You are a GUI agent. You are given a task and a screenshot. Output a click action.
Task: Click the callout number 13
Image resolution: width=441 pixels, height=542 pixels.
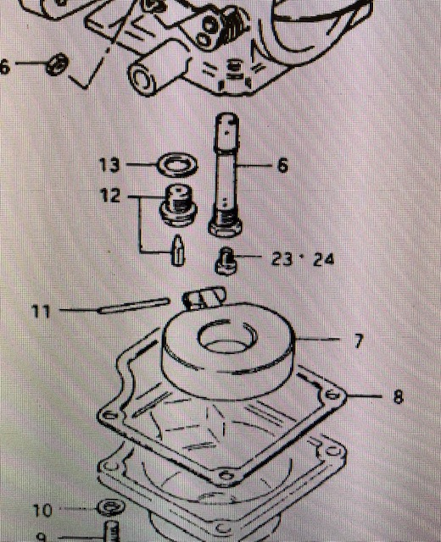(109, 164)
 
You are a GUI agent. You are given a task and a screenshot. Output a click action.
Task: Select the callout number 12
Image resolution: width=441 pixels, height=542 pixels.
(110, 196)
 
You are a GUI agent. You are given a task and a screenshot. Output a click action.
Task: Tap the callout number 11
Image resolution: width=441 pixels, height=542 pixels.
(41, 311)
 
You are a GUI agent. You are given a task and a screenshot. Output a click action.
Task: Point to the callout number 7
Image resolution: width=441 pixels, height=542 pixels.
(358, 340)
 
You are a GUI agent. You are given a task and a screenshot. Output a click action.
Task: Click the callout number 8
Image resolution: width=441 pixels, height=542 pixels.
(399, 396)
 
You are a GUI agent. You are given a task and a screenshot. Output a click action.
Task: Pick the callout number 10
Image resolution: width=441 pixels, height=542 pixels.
(42, 510)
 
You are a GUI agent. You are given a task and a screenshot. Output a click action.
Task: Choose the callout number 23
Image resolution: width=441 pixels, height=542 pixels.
(282, 258)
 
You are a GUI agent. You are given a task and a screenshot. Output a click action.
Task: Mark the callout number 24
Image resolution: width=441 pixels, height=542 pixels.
(324, 259)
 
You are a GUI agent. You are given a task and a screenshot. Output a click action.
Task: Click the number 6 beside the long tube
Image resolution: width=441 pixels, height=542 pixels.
(282, 165)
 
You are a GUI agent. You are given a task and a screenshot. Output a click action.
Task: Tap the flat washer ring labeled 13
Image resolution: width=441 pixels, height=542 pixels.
(177, 165)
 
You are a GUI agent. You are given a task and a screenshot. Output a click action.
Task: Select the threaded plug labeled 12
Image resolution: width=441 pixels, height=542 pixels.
(178, 205)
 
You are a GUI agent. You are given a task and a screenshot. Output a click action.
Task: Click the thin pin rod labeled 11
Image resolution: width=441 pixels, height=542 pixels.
(134, 306)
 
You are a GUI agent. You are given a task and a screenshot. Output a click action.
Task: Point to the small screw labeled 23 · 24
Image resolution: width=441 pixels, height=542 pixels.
(226, 262)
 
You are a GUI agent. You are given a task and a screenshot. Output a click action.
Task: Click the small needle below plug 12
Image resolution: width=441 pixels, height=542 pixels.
(178, 251)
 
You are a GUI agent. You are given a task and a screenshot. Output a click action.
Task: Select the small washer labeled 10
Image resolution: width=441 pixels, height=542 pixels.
(111, 507)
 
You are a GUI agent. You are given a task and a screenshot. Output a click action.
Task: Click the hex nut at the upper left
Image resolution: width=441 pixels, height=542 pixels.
(57, 64)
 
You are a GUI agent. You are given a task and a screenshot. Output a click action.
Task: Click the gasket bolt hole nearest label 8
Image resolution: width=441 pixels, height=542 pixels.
(332, 394)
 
